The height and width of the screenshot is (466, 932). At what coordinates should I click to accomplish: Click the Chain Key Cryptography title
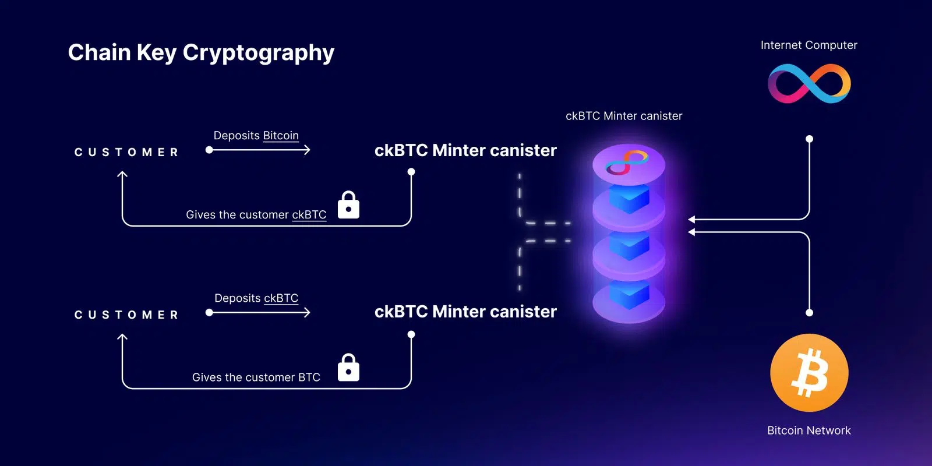click(201, 52)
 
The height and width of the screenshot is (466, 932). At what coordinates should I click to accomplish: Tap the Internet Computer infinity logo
click(809, 83)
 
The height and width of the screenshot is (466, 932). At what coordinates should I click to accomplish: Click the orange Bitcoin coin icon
click(809, 373)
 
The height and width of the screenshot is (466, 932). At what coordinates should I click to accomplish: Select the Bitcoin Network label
click(809, 430)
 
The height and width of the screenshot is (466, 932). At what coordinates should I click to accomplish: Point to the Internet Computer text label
click(809, 45)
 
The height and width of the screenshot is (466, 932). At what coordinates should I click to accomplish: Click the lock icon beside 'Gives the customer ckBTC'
click(348, 205)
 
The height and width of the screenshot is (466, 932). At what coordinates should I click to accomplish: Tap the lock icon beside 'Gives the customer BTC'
click(348, 368)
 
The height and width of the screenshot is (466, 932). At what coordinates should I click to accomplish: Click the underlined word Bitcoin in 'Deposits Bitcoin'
click(280, 136)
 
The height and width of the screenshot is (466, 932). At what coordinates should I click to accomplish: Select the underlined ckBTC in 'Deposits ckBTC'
click(281, 298)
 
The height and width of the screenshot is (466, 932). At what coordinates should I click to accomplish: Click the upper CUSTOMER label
click(126, 153)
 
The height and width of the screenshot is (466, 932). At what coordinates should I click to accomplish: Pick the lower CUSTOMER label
click(126, 315)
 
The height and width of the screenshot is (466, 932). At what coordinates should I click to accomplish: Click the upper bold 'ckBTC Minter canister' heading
click(465, 150)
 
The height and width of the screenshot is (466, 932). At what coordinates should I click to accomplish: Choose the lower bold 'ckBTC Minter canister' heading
click(465, 312)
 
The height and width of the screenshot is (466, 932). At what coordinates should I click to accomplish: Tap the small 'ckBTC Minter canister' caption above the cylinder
click(623, 116)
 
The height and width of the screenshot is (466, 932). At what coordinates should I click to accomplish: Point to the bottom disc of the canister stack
click(629, 303)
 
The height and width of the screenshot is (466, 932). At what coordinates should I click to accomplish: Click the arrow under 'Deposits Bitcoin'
click(259, 150)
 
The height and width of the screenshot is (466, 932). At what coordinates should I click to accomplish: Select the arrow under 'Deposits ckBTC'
click(259, 313)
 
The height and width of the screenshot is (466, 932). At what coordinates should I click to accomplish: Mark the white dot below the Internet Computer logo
click(809, 139)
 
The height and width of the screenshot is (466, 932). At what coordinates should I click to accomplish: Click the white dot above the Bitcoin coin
click(809, 313)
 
